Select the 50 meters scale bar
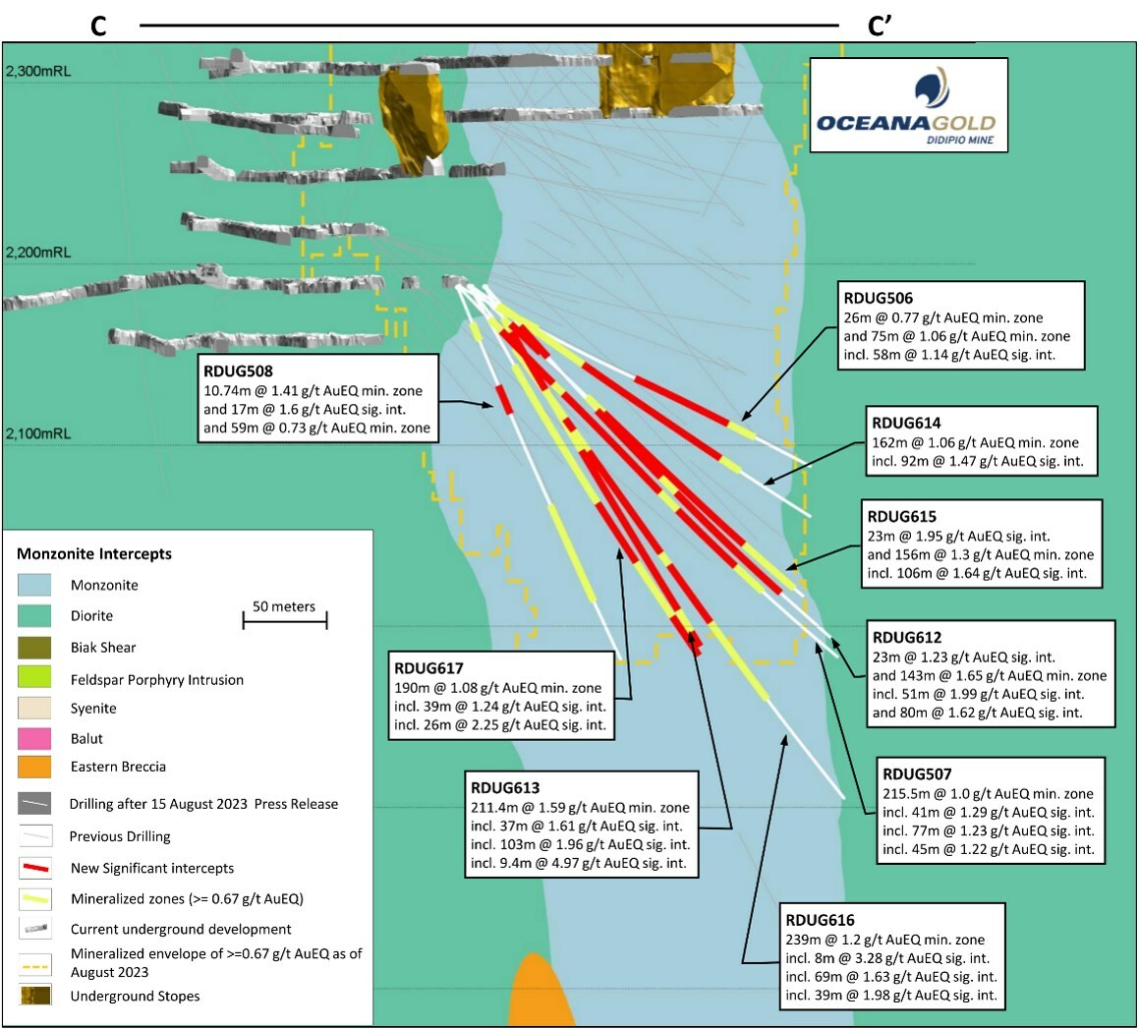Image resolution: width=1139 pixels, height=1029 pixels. tap(284, 620)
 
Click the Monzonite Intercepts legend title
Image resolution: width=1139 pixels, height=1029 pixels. tap(94, 554)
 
